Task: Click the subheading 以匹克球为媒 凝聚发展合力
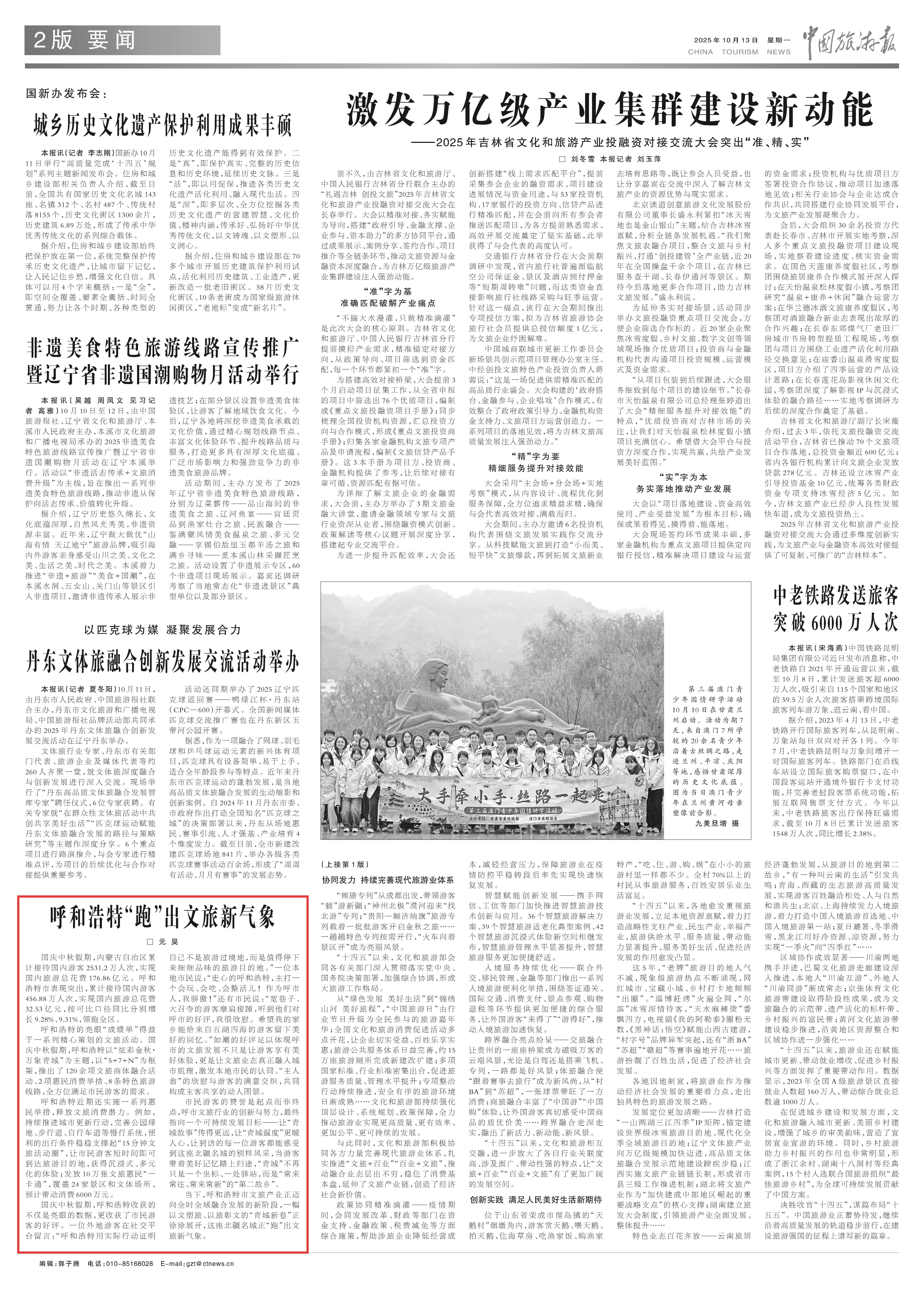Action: pyautogui.click(x=162, y=630)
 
